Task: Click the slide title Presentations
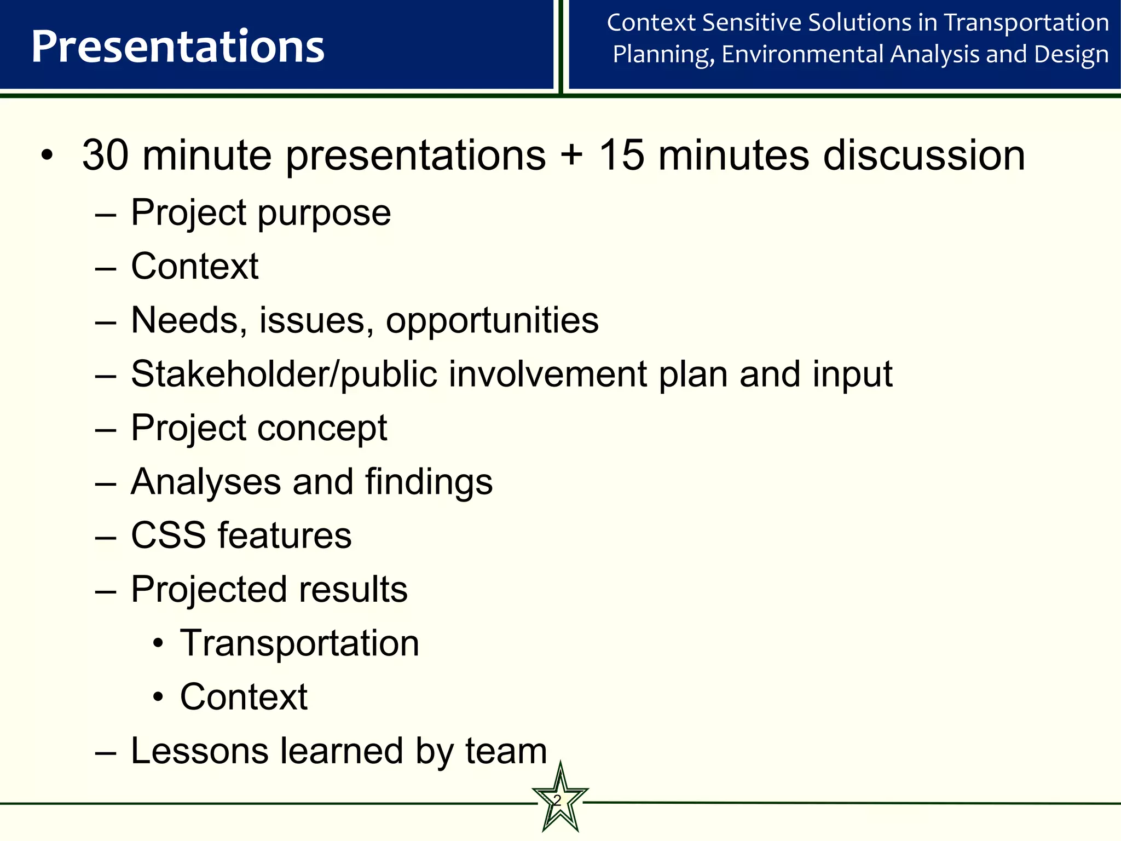tap(177, 47)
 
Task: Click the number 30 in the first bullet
tap(105, 155)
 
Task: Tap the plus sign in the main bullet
tap(571, 155)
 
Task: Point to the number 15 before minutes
tap(621, 155)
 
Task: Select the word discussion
tap(924, 155)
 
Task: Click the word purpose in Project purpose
tap(324, 214)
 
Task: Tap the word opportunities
tap(492, 321)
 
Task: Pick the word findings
tap(429, 482)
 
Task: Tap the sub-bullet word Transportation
tap(299, 643)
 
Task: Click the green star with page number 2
tap(559, 801)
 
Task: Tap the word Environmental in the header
tap(803, 54)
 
